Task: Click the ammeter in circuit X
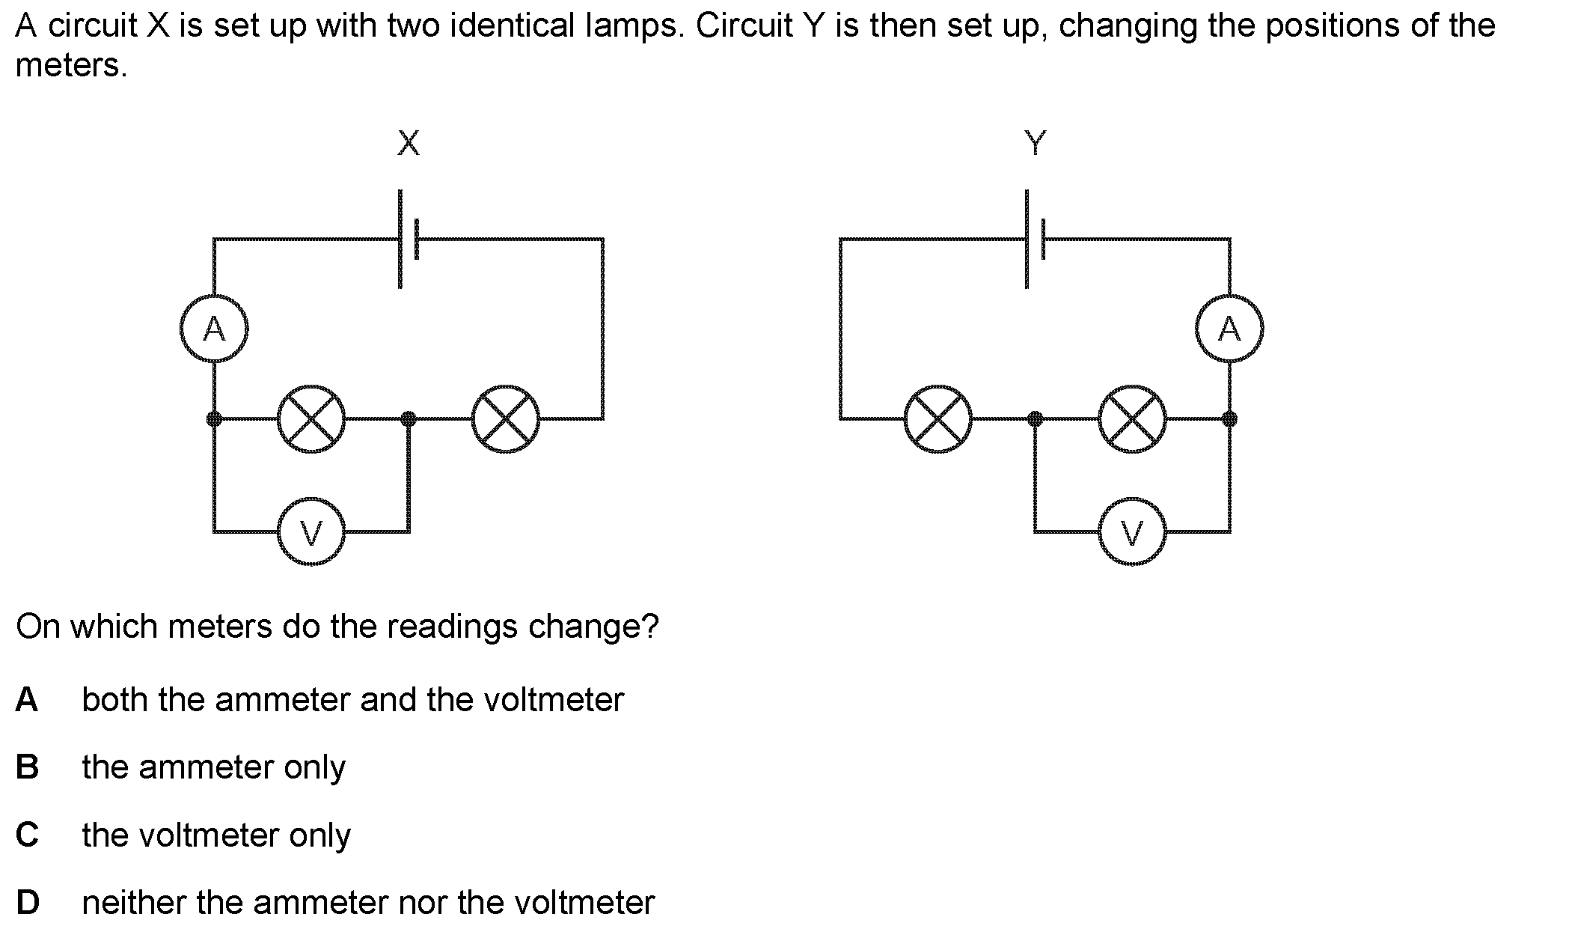[214, 329]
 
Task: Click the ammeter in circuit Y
[1229, 329]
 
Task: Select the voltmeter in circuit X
[311, 532]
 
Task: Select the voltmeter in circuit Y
[1132, 532]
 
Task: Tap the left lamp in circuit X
[311, 419]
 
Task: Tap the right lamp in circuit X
[506, 419]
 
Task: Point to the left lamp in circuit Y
[938, 419]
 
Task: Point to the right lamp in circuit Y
[1132, 419]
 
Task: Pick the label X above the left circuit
[409, 142]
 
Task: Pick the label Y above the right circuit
[1035, 142]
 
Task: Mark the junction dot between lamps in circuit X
[409, 418]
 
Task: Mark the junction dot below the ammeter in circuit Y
[1229, 418]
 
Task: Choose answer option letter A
[27, 700]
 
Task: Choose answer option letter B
[27, 767]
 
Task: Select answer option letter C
[27, 835]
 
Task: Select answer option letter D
[28, 902]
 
